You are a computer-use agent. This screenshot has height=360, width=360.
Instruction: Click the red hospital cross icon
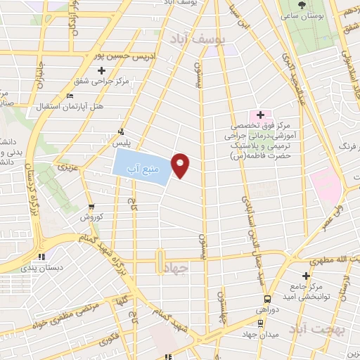coord(260,114)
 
